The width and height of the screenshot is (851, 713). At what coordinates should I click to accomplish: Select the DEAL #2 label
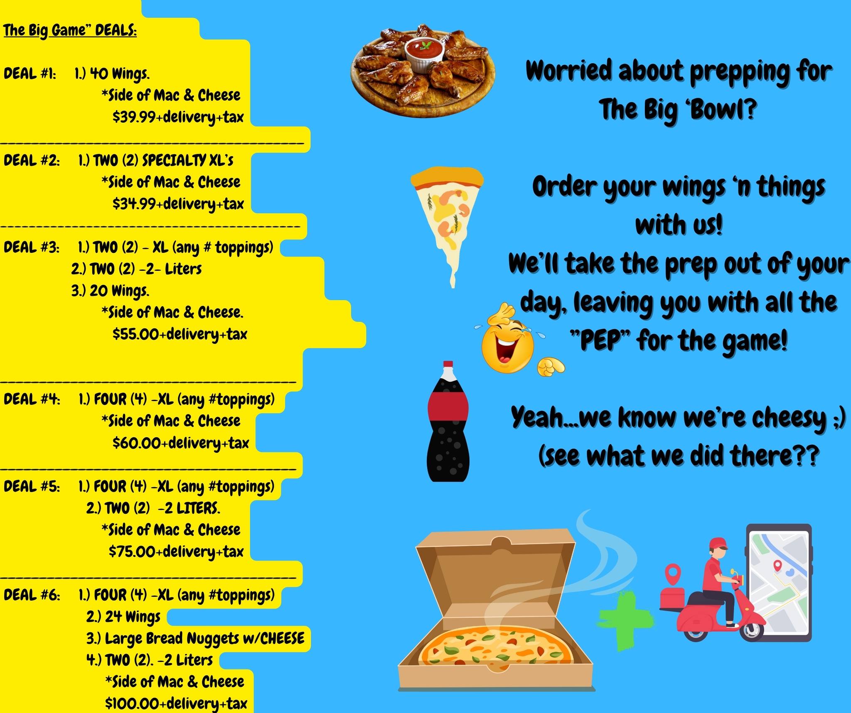[32, 160]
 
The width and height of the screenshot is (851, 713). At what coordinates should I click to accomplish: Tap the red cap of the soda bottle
[448, 365]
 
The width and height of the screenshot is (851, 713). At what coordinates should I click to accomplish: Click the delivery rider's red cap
[718, 544]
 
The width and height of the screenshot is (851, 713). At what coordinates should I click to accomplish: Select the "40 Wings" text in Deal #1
[120, 74]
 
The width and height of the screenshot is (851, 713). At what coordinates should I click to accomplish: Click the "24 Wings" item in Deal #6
[132, 617]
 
